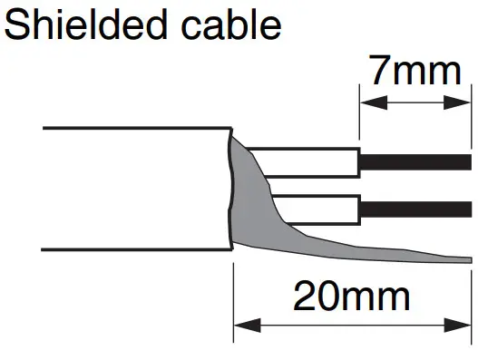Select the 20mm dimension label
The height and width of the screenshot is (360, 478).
coord(354,297)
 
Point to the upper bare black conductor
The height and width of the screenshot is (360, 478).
coord(415,161)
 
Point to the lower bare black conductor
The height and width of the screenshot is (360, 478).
coord(415,210)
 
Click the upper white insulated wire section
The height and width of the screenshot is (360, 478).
coord(304,161)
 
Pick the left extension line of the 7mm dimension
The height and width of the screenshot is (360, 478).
coord(360,118)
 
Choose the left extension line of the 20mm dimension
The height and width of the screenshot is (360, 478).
coord(234,299)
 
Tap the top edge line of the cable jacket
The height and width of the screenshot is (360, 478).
coord(136,128)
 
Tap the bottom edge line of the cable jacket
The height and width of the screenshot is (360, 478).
coord(136,248)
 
